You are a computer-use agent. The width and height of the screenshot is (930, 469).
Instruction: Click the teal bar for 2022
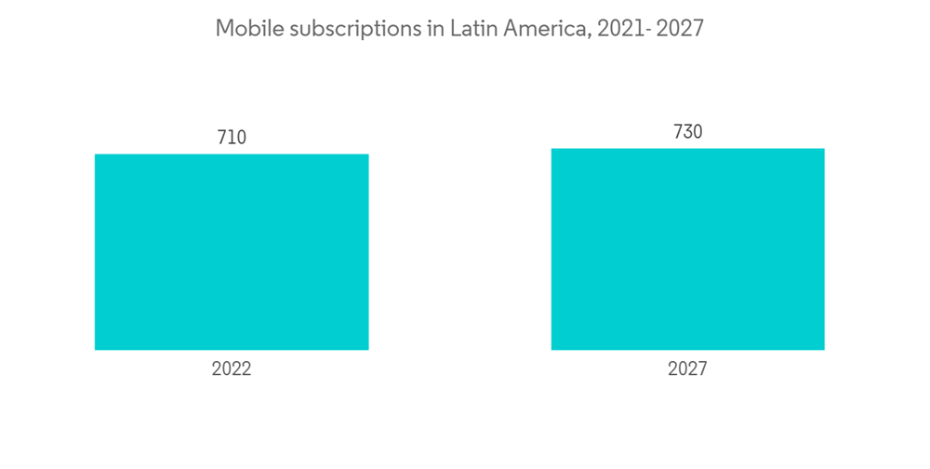coord(232,252)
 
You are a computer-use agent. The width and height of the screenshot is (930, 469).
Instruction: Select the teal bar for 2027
coord(687,249)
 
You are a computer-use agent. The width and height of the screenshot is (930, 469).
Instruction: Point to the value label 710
coord(232,138)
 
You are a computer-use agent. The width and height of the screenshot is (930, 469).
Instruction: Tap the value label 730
coord(687,132)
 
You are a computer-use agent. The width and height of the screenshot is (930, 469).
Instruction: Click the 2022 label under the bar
coord(232,369)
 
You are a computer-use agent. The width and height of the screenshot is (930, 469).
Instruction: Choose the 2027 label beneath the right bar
coord(687,369)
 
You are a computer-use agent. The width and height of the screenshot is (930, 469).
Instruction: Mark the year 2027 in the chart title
coord(680,29)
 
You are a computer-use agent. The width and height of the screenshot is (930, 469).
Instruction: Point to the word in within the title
coord(435,29)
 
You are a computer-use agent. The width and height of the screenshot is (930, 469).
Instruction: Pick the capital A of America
coord(511,29)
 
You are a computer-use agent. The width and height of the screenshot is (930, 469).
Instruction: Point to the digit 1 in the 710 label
coord(232,138)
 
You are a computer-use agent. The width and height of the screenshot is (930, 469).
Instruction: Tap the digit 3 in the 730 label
coord(687,132)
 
